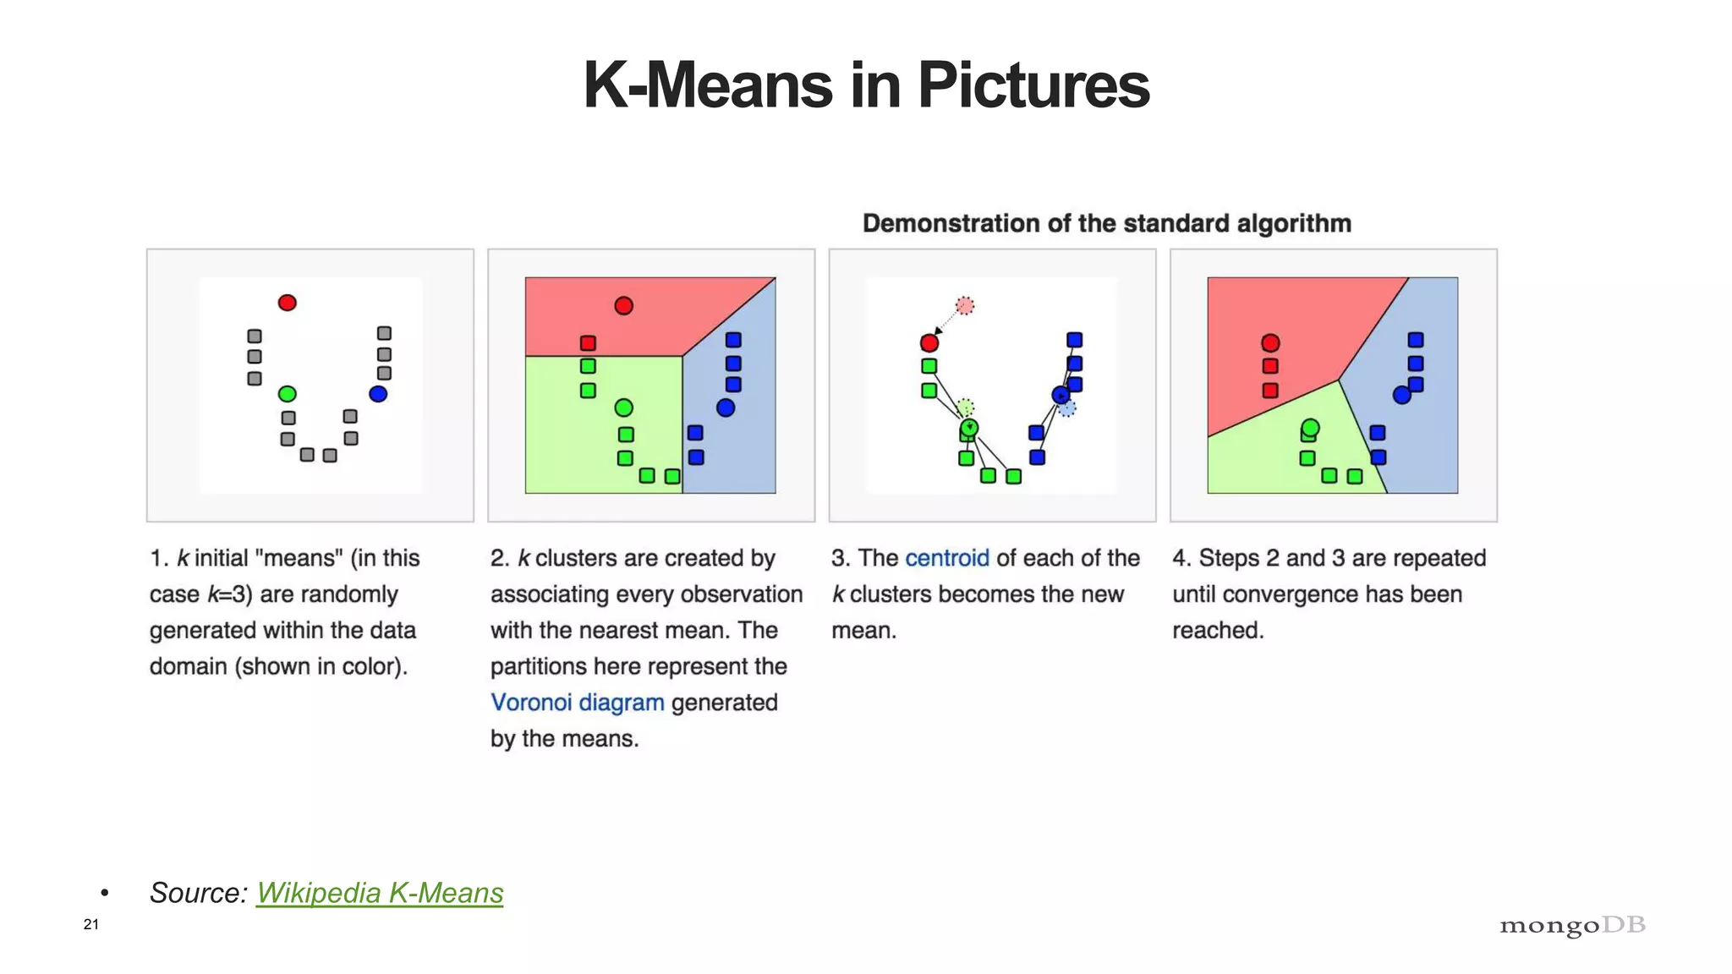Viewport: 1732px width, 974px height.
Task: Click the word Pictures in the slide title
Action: point(1033,85)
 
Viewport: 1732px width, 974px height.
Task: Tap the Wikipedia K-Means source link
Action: point(380,893)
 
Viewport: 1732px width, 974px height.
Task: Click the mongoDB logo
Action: point(1572,925)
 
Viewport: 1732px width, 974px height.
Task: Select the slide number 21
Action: point(91,924)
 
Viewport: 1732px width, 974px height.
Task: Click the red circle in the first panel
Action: point(288,303)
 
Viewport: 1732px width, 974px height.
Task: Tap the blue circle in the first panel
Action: point(378,394)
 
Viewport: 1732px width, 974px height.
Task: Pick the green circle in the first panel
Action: point(288,394)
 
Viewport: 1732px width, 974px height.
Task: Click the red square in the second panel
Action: point(588,343)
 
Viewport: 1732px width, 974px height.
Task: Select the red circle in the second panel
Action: point(624,306)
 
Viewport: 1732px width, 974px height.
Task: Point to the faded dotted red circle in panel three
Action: point(965,305)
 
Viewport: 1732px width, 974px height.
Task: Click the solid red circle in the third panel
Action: point(929,343)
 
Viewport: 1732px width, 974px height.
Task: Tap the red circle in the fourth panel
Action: point(1270,343)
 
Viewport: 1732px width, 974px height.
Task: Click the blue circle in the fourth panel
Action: point(1402,395)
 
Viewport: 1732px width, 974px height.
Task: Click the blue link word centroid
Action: point(946,558)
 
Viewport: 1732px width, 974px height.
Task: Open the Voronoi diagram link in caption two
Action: point(578,703)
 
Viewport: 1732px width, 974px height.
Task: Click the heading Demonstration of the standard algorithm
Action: point(1106,223)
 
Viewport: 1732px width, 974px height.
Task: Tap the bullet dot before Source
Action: point(105,894)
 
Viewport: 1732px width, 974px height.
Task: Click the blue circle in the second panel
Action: point(726,408)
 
